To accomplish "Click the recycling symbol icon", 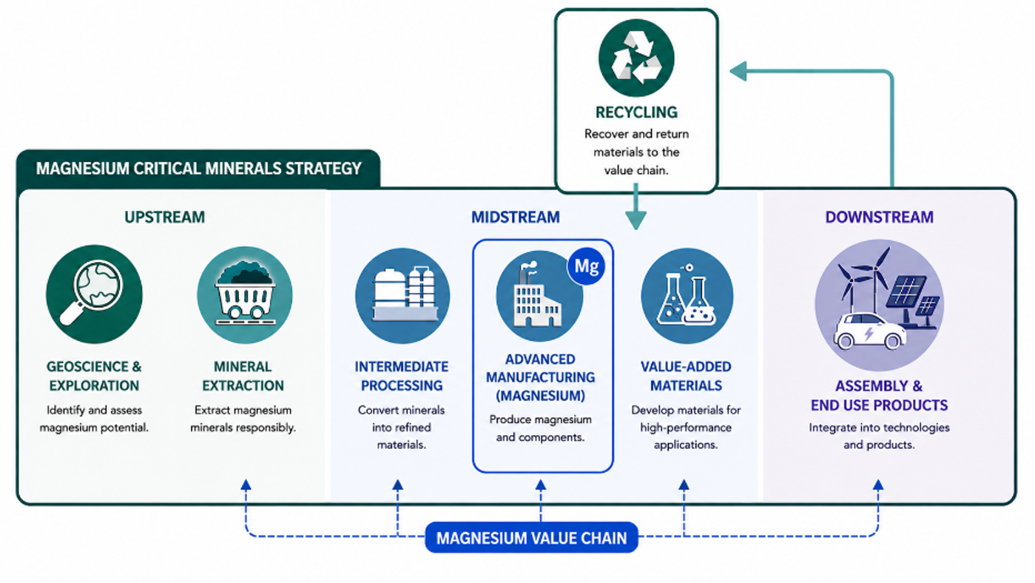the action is pos(636,58).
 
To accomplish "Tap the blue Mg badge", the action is pos(587,266).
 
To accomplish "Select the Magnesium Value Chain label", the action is pos(531,538).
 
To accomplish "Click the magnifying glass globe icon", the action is pos(94,294).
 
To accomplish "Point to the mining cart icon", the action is pos(245,294).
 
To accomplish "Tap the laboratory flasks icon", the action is pos(687,296).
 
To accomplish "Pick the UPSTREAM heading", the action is pos(164,217).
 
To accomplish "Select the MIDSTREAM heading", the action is pos(515,217).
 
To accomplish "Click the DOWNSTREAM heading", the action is pos(880,217).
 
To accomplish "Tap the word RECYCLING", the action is pos(636,112).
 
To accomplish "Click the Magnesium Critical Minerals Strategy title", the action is pos(199,169).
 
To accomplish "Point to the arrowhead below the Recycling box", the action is pos(636,220).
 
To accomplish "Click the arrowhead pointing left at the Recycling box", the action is pos(738,71).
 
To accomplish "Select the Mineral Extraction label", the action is pos(243,376).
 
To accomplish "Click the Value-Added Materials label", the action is pos(686,376).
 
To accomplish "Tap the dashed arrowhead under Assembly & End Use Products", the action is pos(878,485).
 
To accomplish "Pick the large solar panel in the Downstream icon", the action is pos(906,294).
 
